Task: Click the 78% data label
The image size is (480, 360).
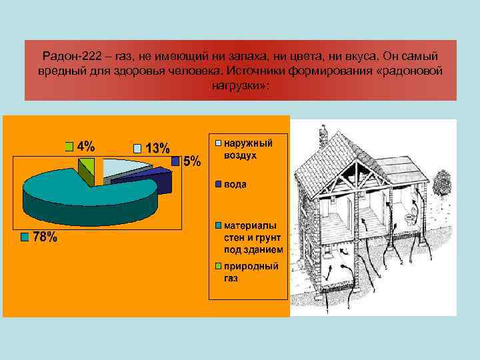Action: [x=44, y=238]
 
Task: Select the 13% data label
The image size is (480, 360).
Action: [x=157, y=148]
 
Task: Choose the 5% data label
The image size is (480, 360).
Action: [x=191, y=161]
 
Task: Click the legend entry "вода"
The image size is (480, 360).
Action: [x=235, y=183]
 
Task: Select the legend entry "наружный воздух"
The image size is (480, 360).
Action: [x=247, y=148]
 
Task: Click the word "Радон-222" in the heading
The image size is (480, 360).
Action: [x=65, y=56]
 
